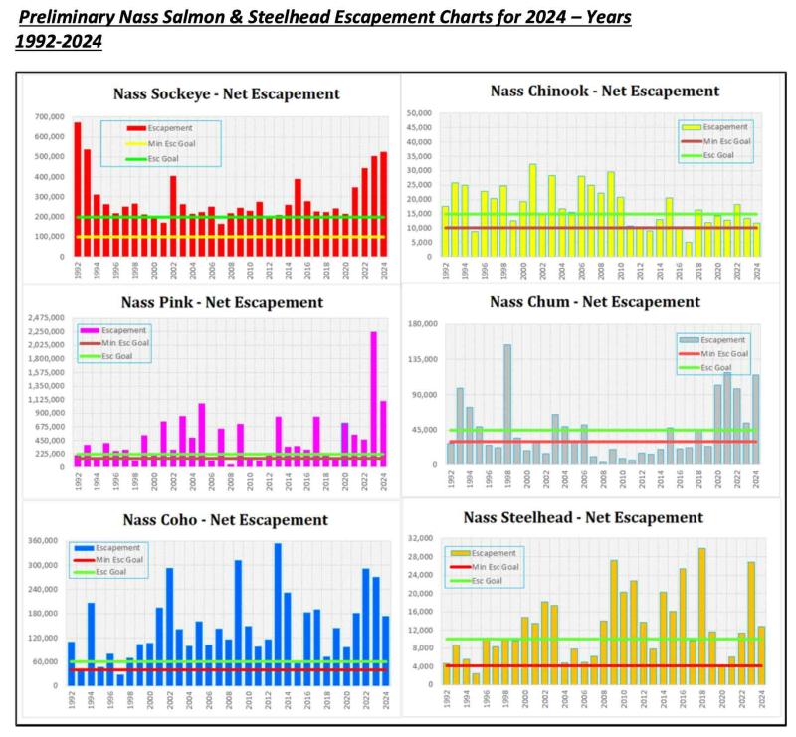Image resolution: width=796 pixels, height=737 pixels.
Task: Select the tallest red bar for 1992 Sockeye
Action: pos(78,189)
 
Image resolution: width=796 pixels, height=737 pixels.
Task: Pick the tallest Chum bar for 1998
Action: pos(507,404)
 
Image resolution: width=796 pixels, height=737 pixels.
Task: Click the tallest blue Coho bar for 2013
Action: pos(278,614)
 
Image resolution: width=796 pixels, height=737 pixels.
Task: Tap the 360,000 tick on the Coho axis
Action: pos(40,542)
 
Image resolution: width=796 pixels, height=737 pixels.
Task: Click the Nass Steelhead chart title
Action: pos(597,517)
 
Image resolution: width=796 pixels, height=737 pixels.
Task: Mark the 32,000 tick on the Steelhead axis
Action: pos(422,538)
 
